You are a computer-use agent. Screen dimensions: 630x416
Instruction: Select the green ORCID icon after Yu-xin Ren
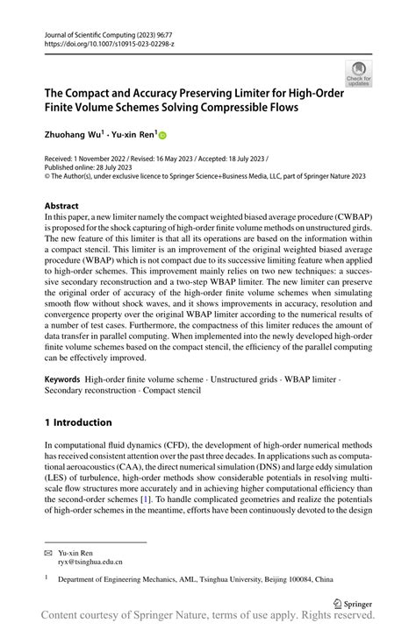[x=161, y=135]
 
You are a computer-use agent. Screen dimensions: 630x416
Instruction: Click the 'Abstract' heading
[x=67, y=208]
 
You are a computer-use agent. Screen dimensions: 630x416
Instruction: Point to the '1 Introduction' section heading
[x=78, y=421]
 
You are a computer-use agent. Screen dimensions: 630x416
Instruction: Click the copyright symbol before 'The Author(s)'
[x=47, y=174]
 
